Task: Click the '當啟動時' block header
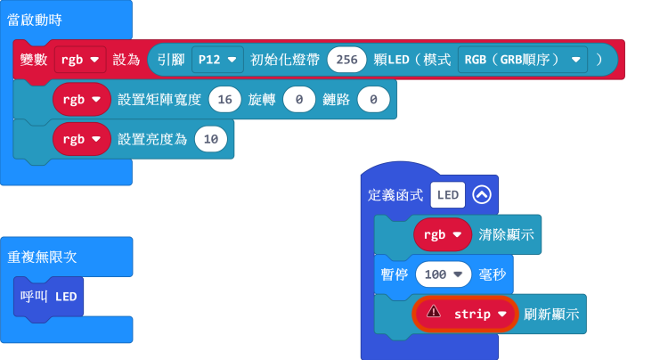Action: click(x=35, y=19)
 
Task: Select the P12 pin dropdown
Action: click(x=217, y=60)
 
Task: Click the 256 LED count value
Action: click(x=348, y=60)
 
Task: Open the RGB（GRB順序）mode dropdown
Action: click(x=522, y=60)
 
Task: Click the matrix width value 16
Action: click(x=224, y=99)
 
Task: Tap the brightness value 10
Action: click(x=210, y=138)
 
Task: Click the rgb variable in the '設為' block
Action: click(x=80, y=60)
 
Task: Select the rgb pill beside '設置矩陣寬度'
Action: click(x=81, y=99)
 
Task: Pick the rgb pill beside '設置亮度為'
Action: click(x=81, y=138)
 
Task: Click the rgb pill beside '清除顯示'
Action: click(x=442, y=234)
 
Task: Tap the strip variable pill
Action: click(x=481, y=314)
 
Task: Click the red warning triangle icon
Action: click(x=434, y=312)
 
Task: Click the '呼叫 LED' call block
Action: click(x=50, y=296)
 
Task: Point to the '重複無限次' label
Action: click(x=42, y=257)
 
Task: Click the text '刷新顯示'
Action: click(x=552, y=314)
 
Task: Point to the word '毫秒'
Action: click(x=493, y=274)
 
